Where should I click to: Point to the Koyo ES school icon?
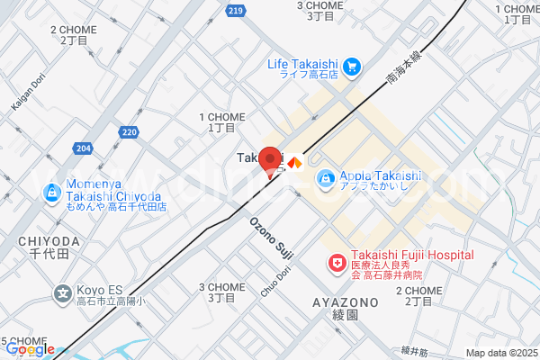[62, 292]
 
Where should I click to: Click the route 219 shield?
[235, 10]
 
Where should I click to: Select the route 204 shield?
[84, 148]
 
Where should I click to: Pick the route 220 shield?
[129, 132]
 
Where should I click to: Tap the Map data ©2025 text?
[500, 353]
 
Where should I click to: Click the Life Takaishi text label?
[304, 63]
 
